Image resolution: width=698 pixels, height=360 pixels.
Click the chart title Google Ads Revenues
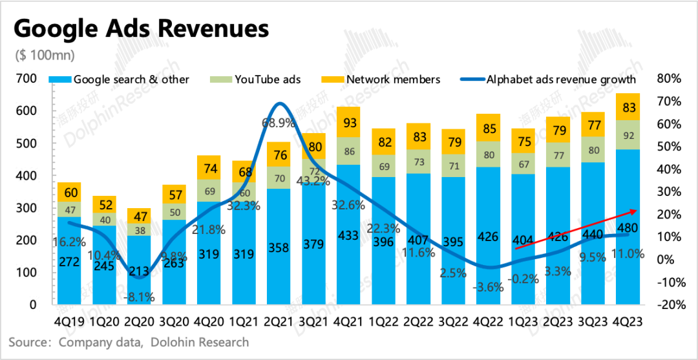point(141,30)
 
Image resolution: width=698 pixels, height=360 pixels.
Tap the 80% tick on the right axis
point(668,78)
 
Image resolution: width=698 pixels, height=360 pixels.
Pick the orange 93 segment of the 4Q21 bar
point(348,122)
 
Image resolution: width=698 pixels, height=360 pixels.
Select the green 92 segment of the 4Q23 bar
point(628,135)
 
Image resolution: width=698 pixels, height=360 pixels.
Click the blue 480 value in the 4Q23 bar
point(628,229)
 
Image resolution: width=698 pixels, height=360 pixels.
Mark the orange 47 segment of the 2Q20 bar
point(139,216)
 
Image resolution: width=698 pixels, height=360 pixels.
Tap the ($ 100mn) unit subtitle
point(45,56)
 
